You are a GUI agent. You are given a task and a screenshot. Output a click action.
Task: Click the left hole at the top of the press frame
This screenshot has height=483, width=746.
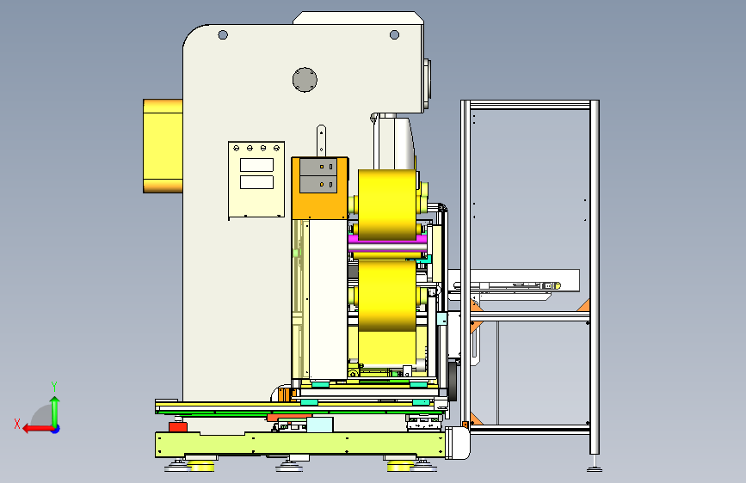[x=223, y=34]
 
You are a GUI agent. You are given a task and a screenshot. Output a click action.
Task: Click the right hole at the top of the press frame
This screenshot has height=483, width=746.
[x=394, y=34]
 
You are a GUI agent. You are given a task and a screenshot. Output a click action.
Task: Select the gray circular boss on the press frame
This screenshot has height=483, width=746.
[x=305, y=80]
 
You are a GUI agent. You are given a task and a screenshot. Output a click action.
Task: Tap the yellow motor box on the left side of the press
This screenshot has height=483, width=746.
[x=163, y=146]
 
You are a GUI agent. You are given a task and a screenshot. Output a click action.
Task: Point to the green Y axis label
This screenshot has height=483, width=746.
[x=54, y=387]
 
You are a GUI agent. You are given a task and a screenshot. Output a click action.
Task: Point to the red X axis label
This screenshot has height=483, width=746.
[x=17, y=424]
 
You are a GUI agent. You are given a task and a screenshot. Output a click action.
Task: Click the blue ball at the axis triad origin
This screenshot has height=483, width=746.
[x=56, y=429]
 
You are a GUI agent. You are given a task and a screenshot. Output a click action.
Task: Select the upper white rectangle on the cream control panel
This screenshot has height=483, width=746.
[x=256, y=165]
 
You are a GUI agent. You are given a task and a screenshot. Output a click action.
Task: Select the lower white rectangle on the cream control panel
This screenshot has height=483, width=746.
[x=256, y=182]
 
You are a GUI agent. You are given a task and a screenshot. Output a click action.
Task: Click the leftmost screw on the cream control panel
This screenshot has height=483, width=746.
[x=236, y=149]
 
